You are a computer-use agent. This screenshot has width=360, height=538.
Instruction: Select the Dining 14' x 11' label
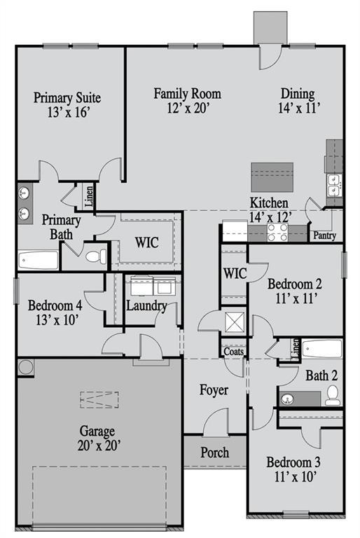pos(298,100)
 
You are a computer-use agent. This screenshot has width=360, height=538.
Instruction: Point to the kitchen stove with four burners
pos(277,232)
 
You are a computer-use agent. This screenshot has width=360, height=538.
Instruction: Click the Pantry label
pos(324,236)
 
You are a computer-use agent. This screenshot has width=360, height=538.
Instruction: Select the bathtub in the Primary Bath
pos(39,261)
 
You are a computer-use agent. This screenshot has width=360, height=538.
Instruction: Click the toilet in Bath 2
pos(333,395)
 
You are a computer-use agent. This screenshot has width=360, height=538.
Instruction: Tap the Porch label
pos(214,453)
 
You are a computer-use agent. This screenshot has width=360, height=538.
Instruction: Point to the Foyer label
pos(214,390)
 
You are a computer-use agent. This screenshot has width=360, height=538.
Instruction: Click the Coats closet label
pos(233,352)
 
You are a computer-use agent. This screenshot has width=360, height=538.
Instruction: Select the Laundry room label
pos(146,305)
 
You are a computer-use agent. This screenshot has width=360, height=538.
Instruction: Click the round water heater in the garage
pos(26,366)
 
